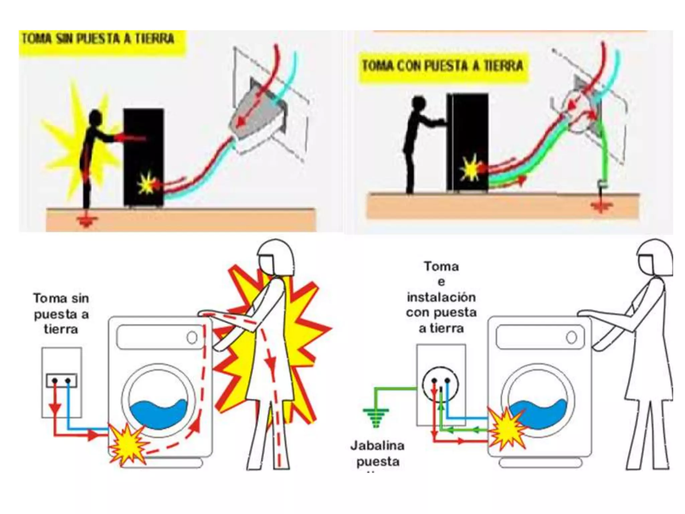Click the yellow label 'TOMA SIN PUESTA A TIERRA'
pyautogui.click(x=99, y=39)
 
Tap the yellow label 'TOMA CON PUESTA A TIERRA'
pyautogui.click(x=442, y=66)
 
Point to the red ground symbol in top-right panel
pyautogui.click(x=601, y=206)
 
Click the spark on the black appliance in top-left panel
pyautogui.click(x=146, y=183)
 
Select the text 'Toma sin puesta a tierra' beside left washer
pyautogui.click(x=61, y=314)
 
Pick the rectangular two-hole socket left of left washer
pyautogui.click(x=62, y=380)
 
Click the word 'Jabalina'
pyautogui.click(x=377, y=446)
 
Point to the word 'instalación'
pyautogui.click(x=441, y=297)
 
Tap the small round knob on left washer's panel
pyautogui.click(x=192, y=338)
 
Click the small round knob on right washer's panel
pyautogui.click(x=571, y=337)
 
